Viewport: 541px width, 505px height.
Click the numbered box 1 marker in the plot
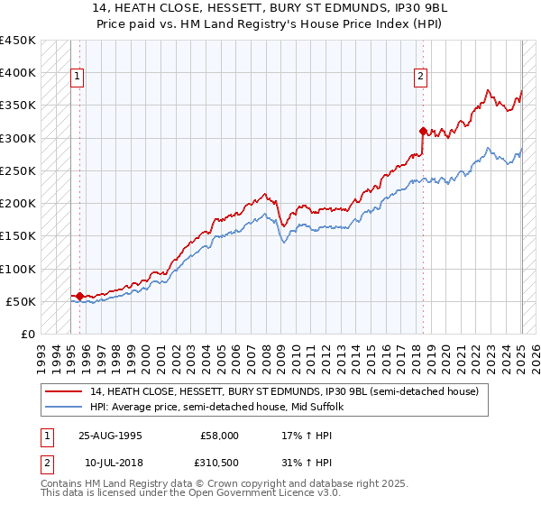point(78,78)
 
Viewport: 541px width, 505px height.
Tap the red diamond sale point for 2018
point(423,131)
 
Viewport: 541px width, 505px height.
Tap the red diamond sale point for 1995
point(79,296)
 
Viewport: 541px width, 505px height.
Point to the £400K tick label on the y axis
point(18,73)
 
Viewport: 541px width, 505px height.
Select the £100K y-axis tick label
point(18,269)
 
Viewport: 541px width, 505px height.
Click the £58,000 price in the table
point(219,435)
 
